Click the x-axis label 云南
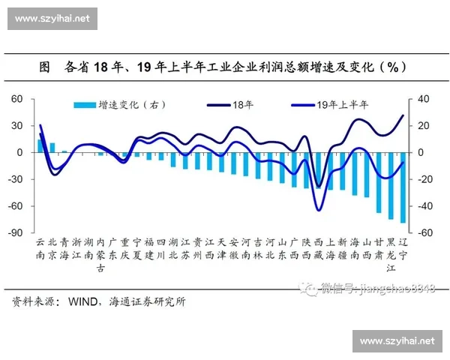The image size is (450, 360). pos(40,249)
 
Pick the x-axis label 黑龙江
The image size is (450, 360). pos(391,255)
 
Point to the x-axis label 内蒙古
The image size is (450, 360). pos(101,255)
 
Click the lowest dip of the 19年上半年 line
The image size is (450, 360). pos(319,210)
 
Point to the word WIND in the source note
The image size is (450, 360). pos(83,302)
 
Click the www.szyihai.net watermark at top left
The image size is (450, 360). pos(53,18)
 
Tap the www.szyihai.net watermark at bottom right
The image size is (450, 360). pos(397,340)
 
